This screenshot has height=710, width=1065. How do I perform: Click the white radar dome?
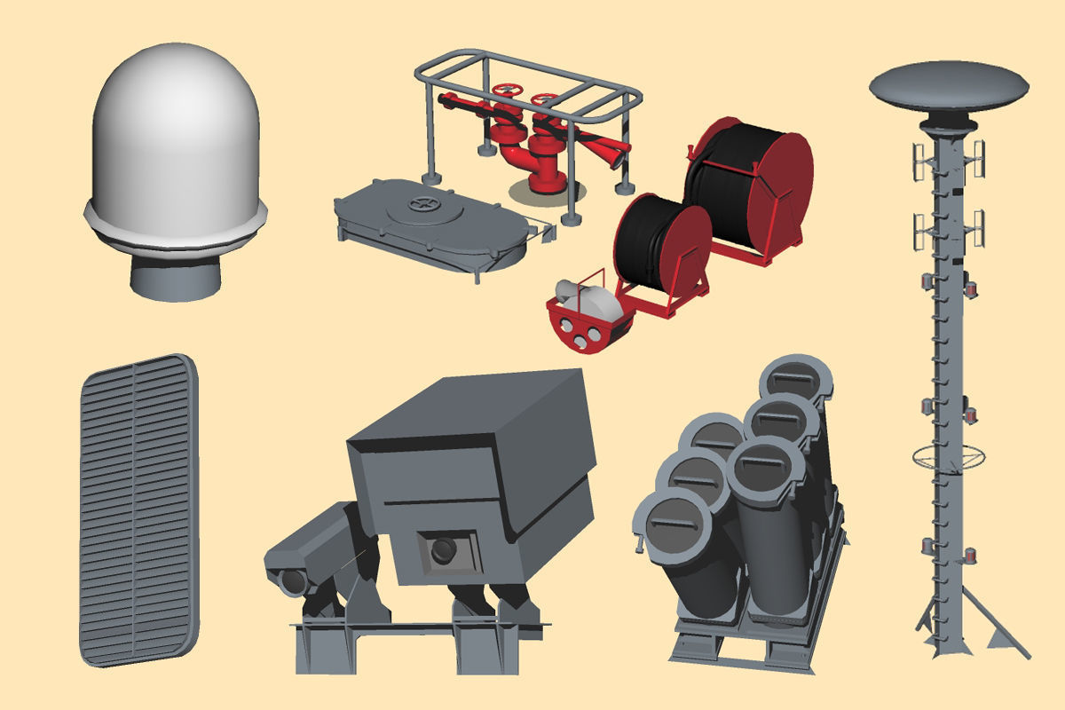pyautogui.click(x=175, y=142)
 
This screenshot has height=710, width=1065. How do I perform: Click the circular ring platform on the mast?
pyautogui.click(x=948, y=458)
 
